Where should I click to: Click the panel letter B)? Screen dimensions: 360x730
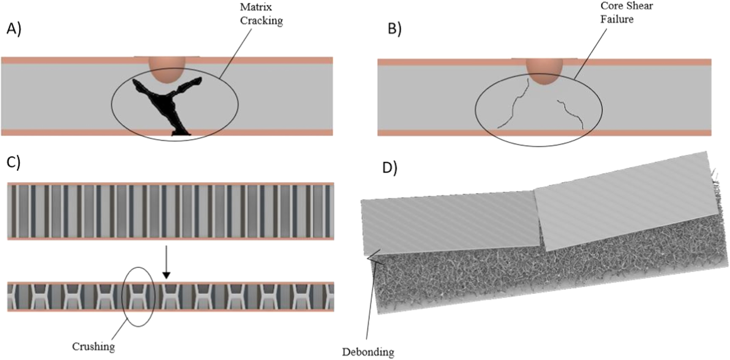[394, 28]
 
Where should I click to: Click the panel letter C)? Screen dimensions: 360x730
[14, 163]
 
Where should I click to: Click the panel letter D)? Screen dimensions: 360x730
[390, 168]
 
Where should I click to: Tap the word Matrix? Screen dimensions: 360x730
[256, 7]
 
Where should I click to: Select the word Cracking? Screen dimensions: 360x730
[261, 21]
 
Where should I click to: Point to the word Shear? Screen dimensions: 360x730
[638, 6]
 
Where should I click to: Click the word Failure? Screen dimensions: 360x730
[617, 19]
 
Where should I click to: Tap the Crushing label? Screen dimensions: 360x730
[93, 346]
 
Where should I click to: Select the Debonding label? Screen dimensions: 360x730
[368, 352]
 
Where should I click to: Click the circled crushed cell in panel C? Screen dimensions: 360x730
[138, 296]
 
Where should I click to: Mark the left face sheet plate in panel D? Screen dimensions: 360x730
[450, 223]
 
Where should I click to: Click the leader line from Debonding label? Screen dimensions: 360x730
[370, 297]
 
